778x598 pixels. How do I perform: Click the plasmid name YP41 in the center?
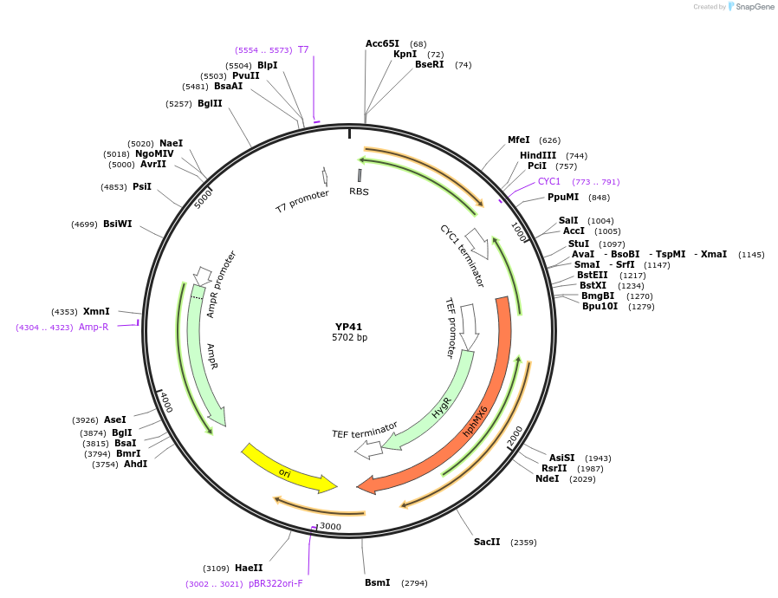pyautogui.click(x=349, y=327)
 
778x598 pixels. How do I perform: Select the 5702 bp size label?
pyautogui.click(x=349, y=337)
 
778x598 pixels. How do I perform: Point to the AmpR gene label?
pyautogui.click(x=212, y=356)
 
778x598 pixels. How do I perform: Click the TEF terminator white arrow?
pyautogui.click(x=368, y=449)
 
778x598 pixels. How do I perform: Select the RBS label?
pyautogui.click(x=359, y=192)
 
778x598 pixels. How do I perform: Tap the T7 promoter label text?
pyautogui.click(x=302, y=201)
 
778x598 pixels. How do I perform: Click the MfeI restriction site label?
pyautogui.click(x=518, y=140)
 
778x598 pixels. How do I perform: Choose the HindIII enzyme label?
pyautogui.click(x=538, y=155)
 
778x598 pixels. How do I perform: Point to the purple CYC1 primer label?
pyautogui.click(x=549, y=181)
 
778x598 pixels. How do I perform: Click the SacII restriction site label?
pyautogui.click(x=487, y=542)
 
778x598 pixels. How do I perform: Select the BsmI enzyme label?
pyautogui.click(x=378, y=582)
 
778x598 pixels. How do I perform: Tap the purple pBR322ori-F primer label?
pyautogui.click(x=276, y=583)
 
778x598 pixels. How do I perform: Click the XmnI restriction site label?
pyautogui.click(x=96, y=311)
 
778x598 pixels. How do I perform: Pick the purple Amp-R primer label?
pyautogui.click(x=94, y=327)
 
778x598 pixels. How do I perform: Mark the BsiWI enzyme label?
pyautogui.click(x=118, y=224)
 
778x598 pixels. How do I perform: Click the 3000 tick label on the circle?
pyautogui.click(x=330, y=526)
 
